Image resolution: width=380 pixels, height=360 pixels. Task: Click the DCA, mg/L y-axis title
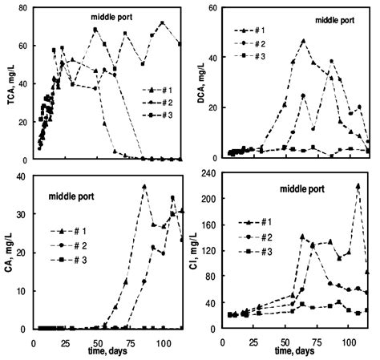(x=201, y=84)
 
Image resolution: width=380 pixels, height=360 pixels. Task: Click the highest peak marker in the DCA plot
(x=303, y=40)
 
